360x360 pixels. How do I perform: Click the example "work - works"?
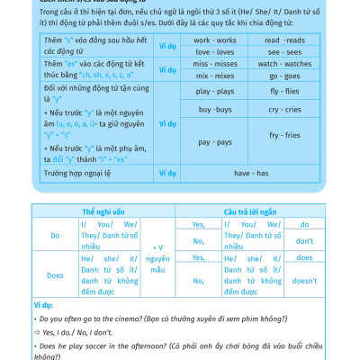click(x=215, y=40)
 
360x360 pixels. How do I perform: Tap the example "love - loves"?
click(x=215, y=52)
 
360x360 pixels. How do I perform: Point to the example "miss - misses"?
click(x=215, y=65)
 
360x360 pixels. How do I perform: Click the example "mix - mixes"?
click(x=215, y=76)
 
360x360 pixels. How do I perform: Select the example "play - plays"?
click(x=215, y=91)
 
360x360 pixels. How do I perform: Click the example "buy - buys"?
click(x=215, y=108)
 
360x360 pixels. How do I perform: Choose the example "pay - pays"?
click(x=215, y=142)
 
